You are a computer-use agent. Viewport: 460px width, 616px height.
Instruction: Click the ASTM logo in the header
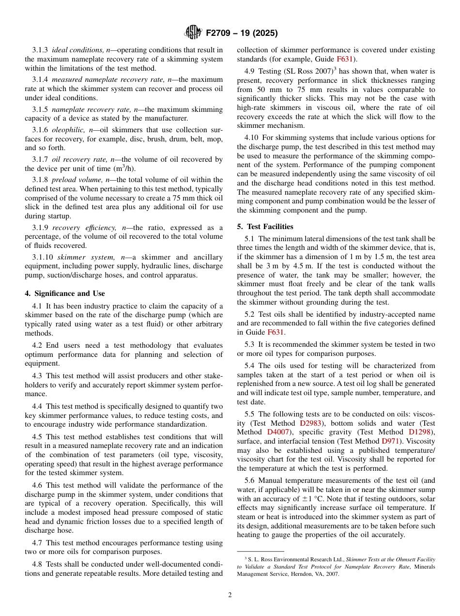pos(193,33)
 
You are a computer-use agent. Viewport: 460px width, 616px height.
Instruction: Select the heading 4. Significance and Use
pos(65,293)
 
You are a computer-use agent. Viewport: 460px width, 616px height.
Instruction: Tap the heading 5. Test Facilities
pos(265,227)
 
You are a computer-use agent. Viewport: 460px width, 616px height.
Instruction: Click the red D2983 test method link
pos(310,423)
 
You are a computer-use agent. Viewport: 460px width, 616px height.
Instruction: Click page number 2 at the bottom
pos(230,595)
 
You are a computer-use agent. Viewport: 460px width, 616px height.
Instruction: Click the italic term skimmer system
pos(77,257)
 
